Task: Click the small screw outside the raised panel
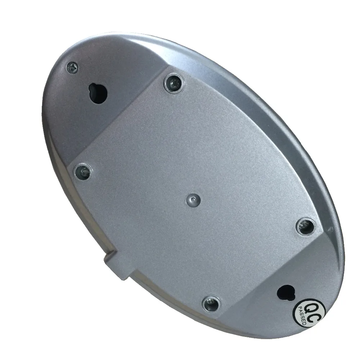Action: click(x=72, y=68)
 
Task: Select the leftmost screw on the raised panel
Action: click(x=84, y=171)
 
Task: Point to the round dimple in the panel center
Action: click(x=193, y=200)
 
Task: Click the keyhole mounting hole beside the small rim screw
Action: click(x=98, y=93)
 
